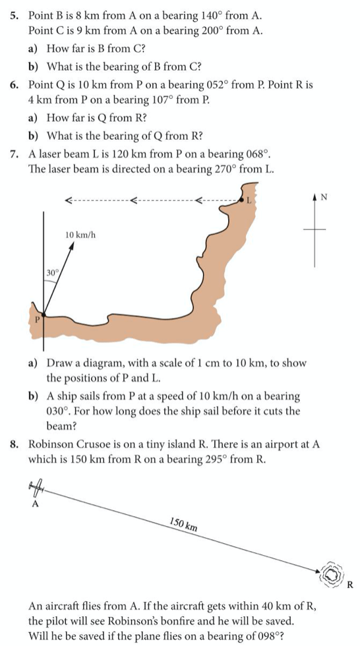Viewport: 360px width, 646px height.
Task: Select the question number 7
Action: [x=14, y=154]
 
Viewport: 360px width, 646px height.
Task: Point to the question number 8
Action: [x=15, y=445]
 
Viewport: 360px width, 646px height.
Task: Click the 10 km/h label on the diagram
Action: [x=81, y=235]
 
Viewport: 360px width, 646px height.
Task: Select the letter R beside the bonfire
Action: [x=350, y=584]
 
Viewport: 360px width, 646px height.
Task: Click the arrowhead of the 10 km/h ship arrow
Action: [x=71, y=245]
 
